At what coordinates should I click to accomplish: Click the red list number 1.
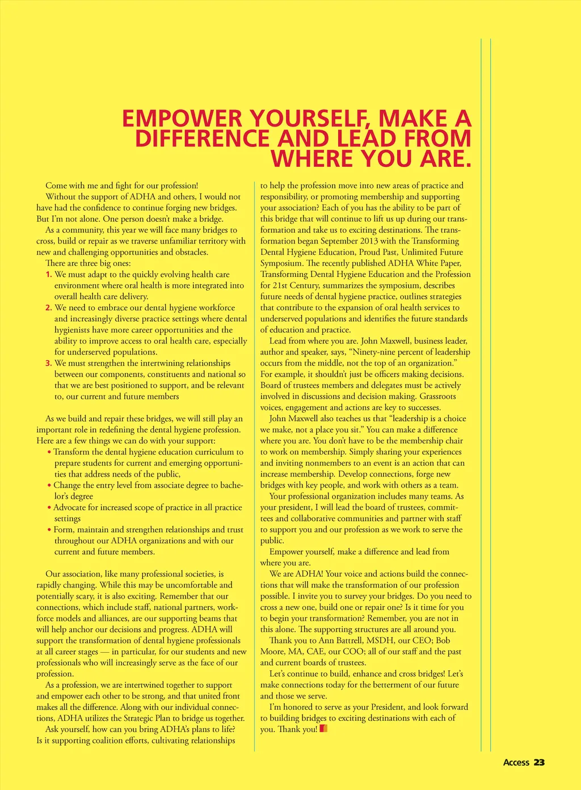[49, 275]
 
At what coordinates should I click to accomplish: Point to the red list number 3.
[49, 363]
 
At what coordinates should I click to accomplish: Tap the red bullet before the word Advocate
[49, 508]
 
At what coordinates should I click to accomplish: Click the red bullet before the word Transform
[49, 452]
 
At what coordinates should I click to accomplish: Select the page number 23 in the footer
[539, 762]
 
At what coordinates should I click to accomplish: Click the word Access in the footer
[516, 762]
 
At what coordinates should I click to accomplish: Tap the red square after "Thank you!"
[323, 729]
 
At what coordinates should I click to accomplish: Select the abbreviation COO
[353, 652]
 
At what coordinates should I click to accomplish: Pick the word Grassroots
[437, 397]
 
